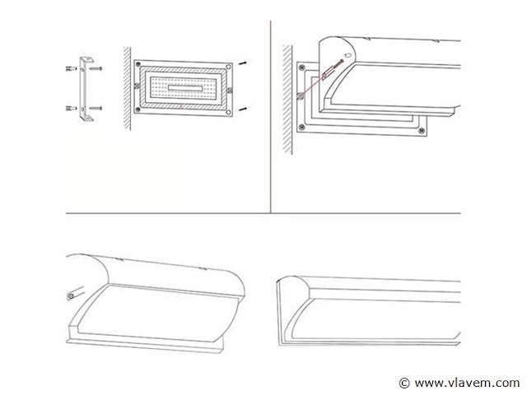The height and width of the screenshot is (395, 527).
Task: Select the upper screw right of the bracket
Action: (x=97, y=70)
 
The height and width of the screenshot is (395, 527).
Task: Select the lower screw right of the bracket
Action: (x=97, y=108)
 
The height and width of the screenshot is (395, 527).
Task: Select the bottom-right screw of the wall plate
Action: (x=422, y=127)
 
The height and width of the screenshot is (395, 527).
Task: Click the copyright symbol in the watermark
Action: (x=404, y=383)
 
